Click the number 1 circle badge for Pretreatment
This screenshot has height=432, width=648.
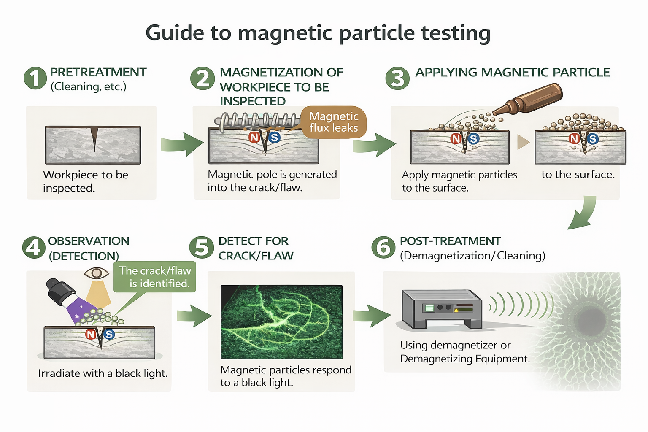[35, 78]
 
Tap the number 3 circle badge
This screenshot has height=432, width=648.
[397, 78]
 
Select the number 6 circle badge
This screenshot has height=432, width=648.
[383, 247]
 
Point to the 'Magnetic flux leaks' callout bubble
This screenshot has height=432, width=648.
[334, 122]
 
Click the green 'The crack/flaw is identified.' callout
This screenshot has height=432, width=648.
[155, 277]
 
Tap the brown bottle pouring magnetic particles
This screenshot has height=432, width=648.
[529, 100]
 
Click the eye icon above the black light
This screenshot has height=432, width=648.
[97, 273]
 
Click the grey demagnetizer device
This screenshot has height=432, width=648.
[441, 309]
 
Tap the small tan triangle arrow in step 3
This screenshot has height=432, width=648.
[523, 142]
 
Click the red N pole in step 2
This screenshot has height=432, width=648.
[254, 137]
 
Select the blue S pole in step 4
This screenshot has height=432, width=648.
[109, 335]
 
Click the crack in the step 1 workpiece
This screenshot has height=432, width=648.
[94, 138]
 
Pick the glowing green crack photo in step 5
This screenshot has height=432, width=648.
[281, 321]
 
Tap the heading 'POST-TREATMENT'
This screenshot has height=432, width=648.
[450, 241]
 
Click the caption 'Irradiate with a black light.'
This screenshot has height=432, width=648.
[103, 373]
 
